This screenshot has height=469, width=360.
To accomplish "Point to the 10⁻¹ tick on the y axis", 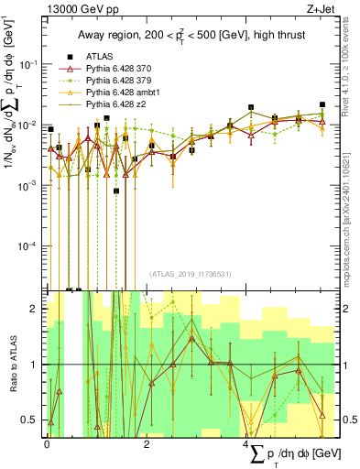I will (x=29, y=63).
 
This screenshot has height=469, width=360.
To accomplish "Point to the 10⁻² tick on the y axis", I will (x=29, y=125).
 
